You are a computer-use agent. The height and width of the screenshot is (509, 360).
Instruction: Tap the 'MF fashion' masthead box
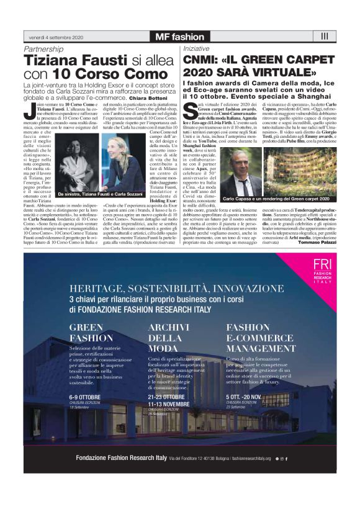pos(179,37)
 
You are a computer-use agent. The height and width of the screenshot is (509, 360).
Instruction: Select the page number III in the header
pos(325,36)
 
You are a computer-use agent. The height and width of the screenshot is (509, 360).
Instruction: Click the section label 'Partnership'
pos(44,48)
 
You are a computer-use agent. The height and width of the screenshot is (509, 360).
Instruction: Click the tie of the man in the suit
pos(241,169)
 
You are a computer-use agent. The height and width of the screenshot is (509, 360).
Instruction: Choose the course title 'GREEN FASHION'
pos(91,332)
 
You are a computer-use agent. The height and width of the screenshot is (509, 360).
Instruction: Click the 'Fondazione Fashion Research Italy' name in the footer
pos(121,457)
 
